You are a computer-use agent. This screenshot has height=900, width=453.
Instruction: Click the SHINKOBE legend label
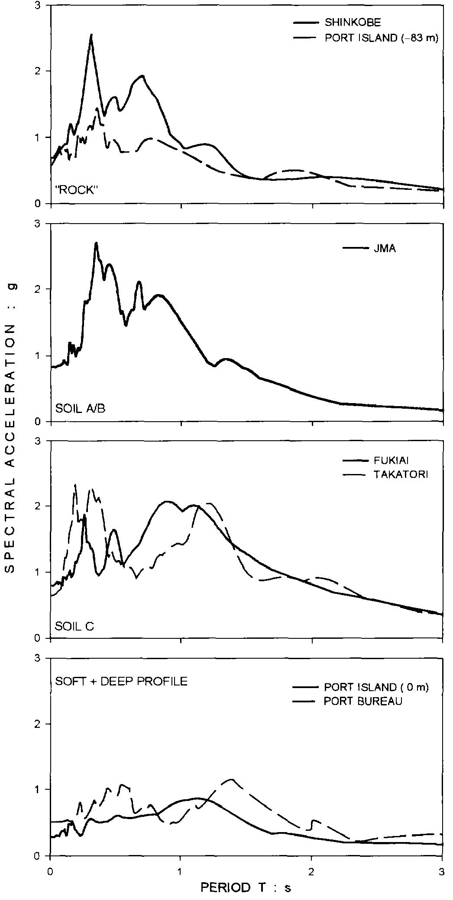coord(353,22)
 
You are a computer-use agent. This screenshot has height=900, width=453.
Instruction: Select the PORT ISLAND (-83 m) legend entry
coord(382,38)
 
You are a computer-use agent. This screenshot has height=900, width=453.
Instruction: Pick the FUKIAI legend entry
coord(388,461)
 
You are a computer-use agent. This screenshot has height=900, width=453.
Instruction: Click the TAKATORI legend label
coord(400,475)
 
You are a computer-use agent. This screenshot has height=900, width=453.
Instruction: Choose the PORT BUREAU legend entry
coord(363,701)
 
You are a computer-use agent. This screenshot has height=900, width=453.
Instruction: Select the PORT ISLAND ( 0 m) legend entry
coord(376,688)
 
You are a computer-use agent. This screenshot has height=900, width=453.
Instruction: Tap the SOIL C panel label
coord(74,626)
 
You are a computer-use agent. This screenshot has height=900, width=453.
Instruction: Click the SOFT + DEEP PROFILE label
coord(121,682)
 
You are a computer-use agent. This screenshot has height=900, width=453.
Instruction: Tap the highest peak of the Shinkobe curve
coord(91,35)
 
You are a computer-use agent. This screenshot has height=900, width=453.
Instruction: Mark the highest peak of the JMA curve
coord(97,243)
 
